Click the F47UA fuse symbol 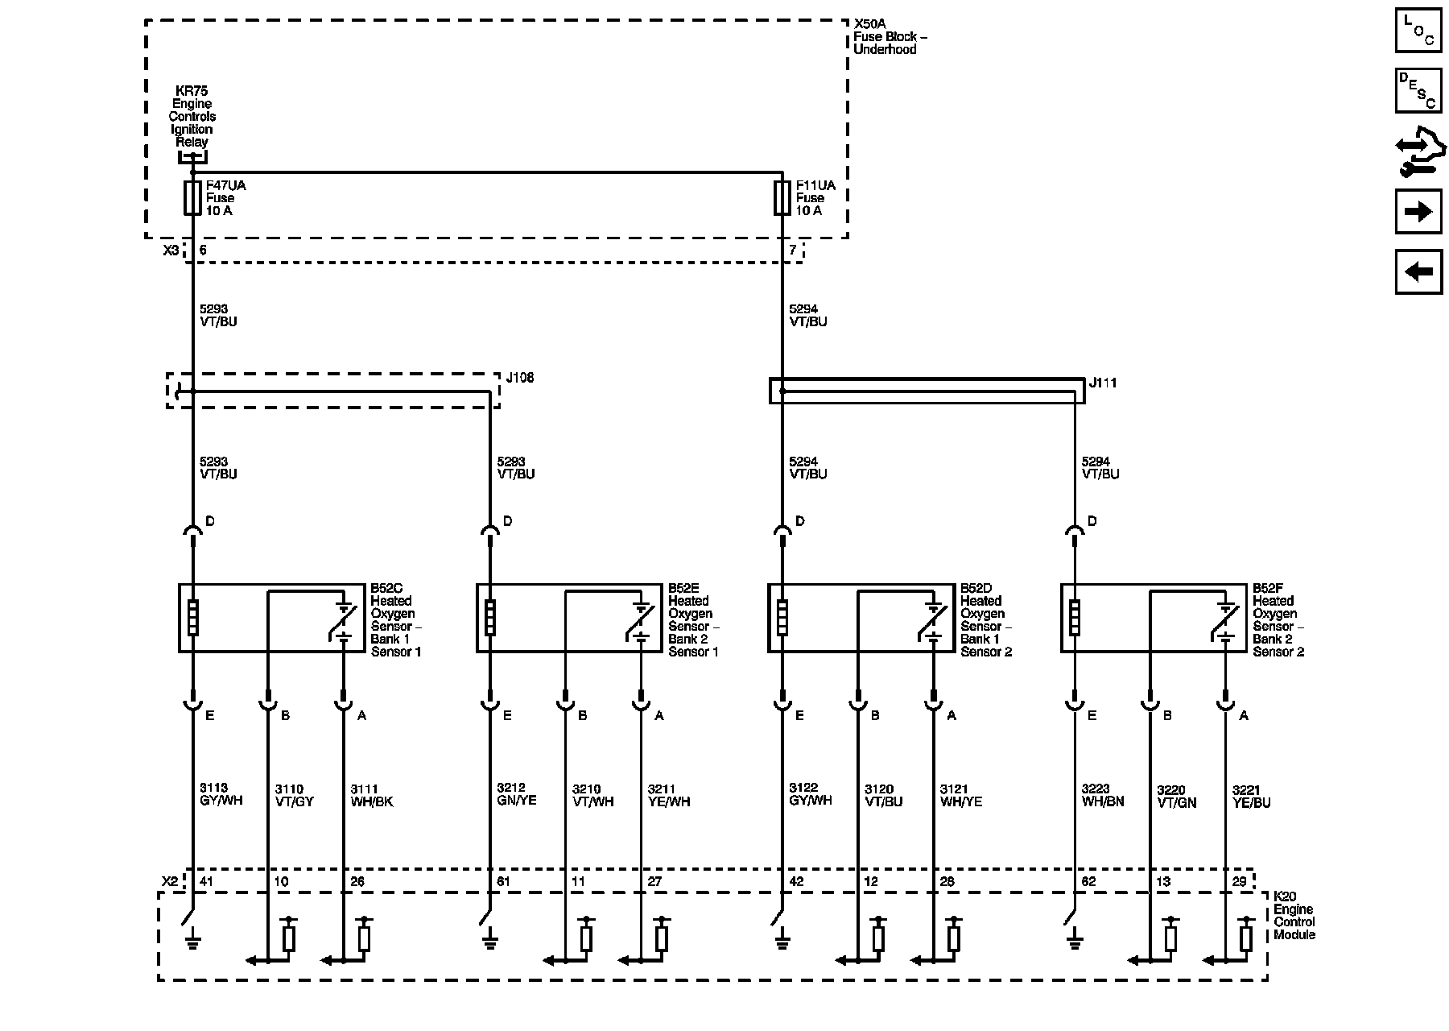(x=192, y=198)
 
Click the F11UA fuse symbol (x=782, y=198)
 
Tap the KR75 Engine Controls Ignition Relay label (x=192, y=116)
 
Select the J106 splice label (x=519, y=378)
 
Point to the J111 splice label (x=1103, y=383)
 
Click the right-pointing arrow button (x=1418, y=213)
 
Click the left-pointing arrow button (x=1418, y=272)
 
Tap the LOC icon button (x=1418, y=31)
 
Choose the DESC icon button (x=1418, y=90)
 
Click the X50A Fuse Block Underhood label (x=885, y=37)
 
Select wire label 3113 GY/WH (x=221, y=795)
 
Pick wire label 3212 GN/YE (x=517, y=795)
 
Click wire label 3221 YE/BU (x=1251, y=797)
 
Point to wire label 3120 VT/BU (x=884, y=796)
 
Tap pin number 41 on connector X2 (x=206, y=882)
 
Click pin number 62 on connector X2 (x=1088, y=882)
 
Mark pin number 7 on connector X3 (x=793, y=251)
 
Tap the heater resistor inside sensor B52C (x=192, y=619)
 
